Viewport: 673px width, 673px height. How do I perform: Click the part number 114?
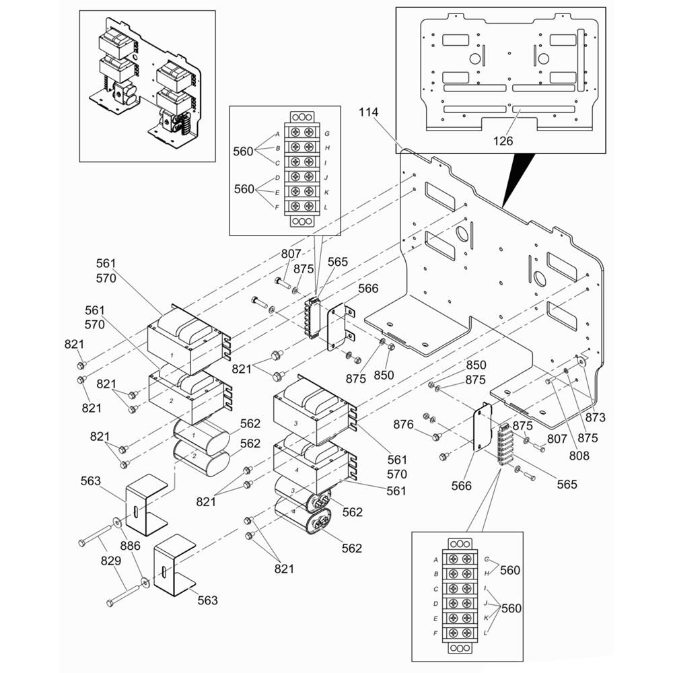click(x=369, y=112)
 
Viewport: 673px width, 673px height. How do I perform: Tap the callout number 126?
click(x=503, y=141)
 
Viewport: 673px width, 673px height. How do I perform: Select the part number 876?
click(x=403, y=425)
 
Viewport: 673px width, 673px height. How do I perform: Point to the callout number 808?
click(x=579, y=456)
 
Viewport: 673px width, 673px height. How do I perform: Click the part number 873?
click(x=596, y=417)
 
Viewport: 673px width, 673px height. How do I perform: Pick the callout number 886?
click(x=130, y=546)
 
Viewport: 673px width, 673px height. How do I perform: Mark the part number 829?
click(x=111, y=561)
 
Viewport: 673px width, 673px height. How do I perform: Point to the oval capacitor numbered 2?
click(x=201, y=458)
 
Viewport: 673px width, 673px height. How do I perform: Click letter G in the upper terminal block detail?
click(x=327, y=133)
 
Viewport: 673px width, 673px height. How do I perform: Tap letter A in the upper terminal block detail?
click(x=277, y=135)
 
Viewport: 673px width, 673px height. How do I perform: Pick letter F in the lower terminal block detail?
click(x=435, y=633)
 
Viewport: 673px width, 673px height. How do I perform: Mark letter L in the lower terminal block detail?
click(x=485, y=633)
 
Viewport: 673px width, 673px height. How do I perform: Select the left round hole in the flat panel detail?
click(x=475, y=59)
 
